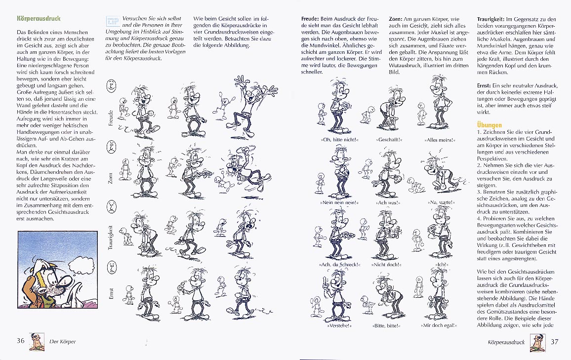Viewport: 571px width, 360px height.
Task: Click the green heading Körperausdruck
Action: coord(39,18)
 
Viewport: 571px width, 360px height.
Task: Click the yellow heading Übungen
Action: coord(489,124)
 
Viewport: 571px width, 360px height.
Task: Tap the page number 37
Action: coord(554,341)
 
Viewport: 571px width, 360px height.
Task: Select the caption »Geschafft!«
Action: coord(389,140)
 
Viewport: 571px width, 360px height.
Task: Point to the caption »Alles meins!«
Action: coord(440,140)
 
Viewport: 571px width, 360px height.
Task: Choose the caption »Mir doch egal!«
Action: coord(439,325)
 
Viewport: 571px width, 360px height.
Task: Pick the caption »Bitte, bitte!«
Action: coord(386,325)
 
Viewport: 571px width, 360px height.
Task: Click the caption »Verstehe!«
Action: coord(339,325)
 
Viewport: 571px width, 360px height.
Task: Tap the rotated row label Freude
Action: coord(111,118)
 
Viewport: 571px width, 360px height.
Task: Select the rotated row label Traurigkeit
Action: coord(111,238)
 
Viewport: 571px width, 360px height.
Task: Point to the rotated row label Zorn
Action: coord(111,178)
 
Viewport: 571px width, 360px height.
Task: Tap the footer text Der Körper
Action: coord(63,341)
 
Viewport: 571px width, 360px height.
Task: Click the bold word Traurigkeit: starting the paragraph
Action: coord(490,19)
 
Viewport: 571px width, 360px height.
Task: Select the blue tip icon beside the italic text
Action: coord(111,21)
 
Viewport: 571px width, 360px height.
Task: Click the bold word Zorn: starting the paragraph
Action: coord(396,19)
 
